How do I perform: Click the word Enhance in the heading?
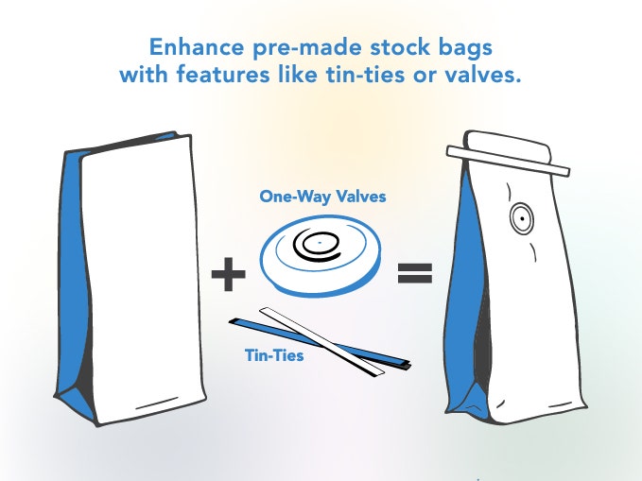[x=197, y=46]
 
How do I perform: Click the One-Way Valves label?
[x=322, y=196]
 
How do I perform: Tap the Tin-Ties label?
[x=274, y=355]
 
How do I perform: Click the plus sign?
[x=228, y=274]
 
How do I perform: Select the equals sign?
[x=415, y=273]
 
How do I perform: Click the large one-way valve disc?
[x=321, y=254]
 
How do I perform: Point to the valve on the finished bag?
[x=521, y=218]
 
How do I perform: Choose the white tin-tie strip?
[x=321, y=342]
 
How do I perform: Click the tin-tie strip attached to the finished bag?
[x=508, y=161]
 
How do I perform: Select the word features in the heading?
[x=223, y=74]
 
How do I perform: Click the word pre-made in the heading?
[x=307, y=48]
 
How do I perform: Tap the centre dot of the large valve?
[x=320, y=243]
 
